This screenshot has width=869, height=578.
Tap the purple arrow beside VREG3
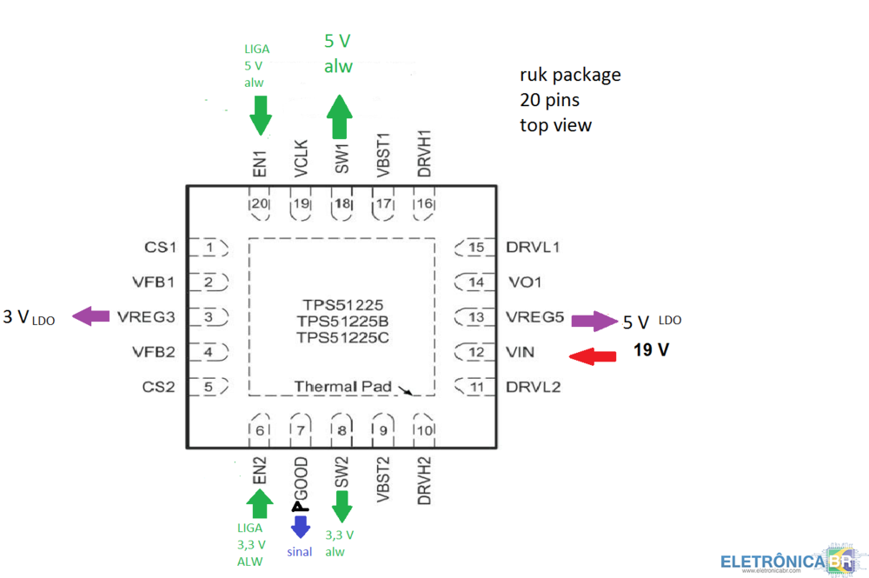(x=90, y=317)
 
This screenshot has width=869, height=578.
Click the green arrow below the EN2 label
(x=258, y=502)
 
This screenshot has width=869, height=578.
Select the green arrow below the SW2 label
(x=342, y=505)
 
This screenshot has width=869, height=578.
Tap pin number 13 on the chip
(x=475, y=317)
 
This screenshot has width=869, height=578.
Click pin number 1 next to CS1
(x=209, y=248)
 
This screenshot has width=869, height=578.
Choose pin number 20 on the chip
(x=259, y=204)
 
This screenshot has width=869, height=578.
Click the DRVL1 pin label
(x=533, y=248)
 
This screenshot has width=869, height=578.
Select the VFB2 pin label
(x=154, y=352)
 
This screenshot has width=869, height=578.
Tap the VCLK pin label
(x=301, y=159)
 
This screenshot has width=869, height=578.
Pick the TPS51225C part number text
(x=342, y=336)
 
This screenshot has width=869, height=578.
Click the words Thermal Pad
(x=343, y=386)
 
